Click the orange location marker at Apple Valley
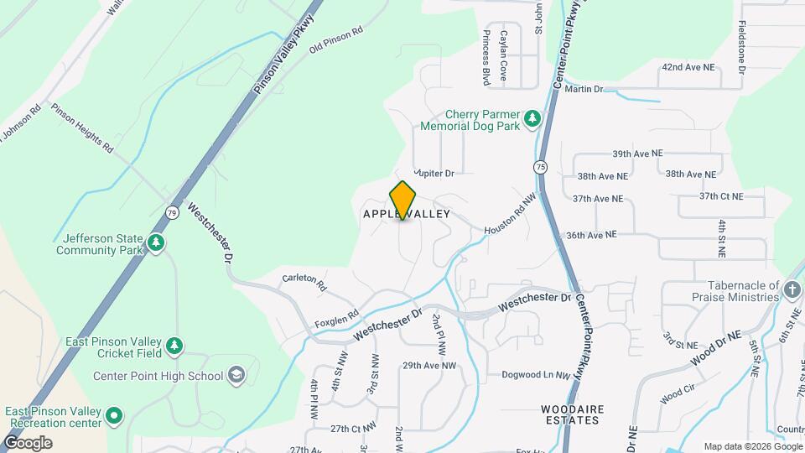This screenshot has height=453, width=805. pos(402,200)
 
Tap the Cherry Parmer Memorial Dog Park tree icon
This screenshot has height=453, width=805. pos(531,119)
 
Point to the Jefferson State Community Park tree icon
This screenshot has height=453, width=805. pos(155,243)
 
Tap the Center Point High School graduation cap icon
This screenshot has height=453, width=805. pos(237,374)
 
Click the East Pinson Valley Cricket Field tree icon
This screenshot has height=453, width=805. pos(174,346)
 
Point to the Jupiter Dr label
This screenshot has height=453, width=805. pos(434,174)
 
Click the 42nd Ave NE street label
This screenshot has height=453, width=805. pos(689,65)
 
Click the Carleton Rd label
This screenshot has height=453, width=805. pos(304,281)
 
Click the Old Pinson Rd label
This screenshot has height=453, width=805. pos(335,40)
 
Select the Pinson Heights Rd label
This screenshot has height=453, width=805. pos(81,128)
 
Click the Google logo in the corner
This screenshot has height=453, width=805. pos(28,442)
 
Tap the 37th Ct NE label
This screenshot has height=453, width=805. pos(721,196)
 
